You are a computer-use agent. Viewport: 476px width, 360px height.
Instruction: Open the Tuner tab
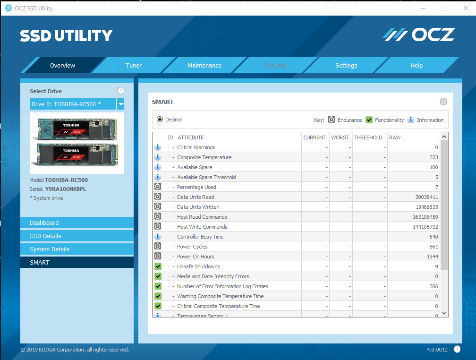coord(134,65)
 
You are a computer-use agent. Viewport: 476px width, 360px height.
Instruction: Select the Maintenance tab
coord(204,65)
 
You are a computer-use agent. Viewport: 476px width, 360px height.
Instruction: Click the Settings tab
coord(346,65)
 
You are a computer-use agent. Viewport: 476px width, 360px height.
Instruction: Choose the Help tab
coord(416,65)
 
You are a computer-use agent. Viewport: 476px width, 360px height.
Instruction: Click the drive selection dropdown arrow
coord(120,104)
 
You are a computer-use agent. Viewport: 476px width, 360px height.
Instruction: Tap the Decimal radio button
coord(160,120)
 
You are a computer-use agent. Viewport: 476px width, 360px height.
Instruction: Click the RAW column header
coord(395,137)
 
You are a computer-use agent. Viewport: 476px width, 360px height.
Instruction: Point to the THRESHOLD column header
coord(368,137)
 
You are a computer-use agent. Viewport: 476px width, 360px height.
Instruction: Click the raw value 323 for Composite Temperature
coord(433,157)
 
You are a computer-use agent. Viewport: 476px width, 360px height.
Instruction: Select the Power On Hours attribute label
coord(195,257)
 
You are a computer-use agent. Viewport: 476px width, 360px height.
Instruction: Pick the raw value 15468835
coord(426,207)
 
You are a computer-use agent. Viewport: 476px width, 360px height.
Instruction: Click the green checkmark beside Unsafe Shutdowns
coord(158,266)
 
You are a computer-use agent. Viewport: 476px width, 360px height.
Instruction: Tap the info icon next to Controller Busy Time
coord(158,236)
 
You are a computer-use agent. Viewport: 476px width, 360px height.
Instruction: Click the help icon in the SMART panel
coord(443,102)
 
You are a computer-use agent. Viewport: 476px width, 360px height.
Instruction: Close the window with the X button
coord(466,8)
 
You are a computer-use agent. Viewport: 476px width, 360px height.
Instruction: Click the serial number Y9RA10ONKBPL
coord(66,189)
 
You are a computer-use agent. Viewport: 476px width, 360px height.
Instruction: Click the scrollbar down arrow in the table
coord(444,313)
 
